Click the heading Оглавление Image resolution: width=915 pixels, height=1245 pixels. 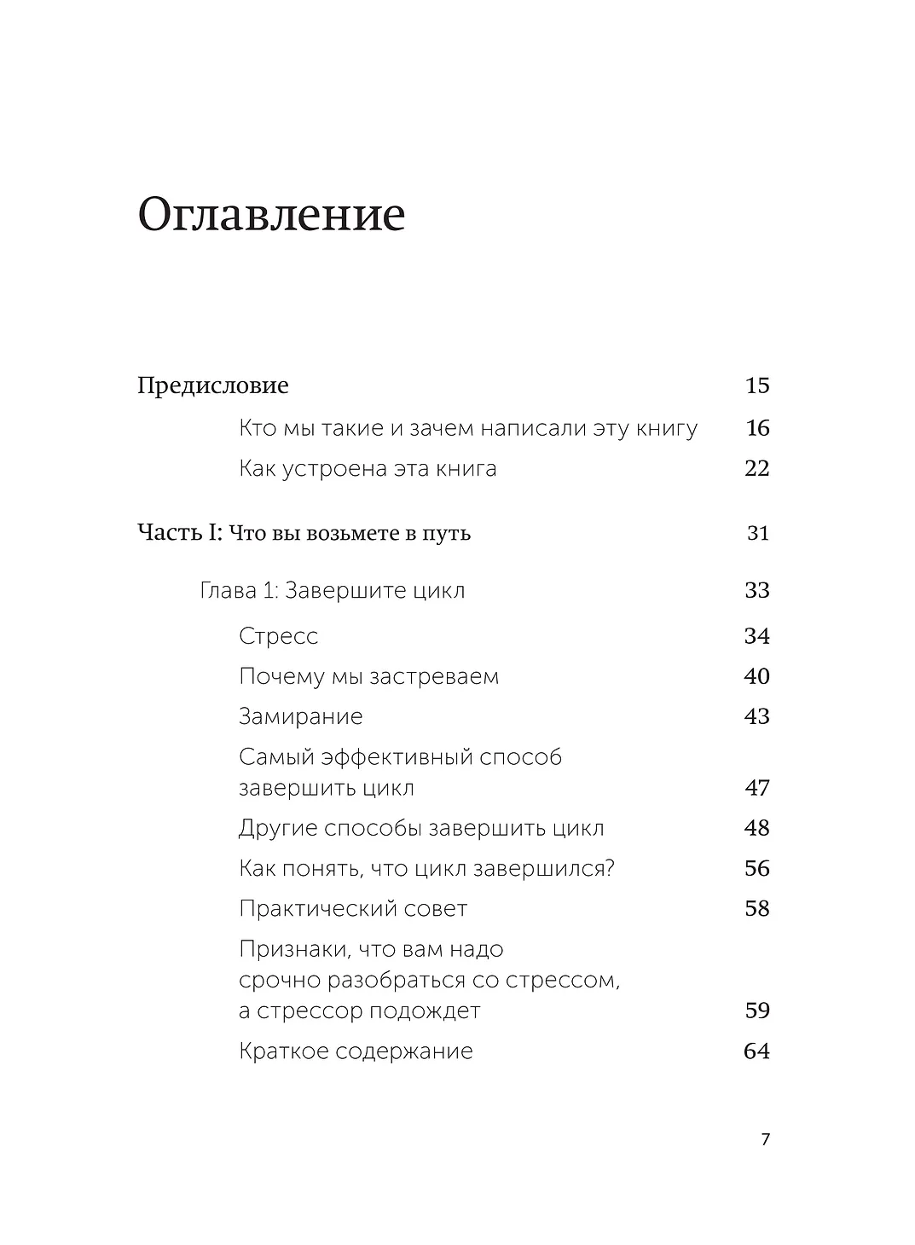point(270,216)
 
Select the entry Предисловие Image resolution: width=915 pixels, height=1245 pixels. point(213,385)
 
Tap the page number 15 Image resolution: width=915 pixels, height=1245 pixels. point(757,385)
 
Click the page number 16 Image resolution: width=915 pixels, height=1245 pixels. point(757,428)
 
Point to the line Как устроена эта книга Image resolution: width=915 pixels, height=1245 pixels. point(368,469)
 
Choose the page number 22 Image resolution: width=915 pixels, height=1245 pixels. point(757,469)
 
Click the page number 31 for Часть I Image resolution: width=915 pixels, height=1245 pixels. point(758,534)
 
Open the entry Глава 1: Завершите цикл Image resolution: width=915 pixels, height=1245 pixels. point(332,591)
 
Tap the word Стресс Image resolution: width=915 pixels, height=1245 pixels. point(279,636)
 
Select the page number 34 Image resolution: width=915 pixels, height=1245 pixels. point(757,636)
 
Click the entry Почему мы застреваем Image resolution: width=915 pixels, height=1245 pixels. point(368,677)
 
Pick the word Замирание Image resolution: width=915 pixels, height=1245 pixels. point(300,717)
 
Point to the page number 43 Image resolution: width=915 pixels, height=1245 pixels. point(757,717)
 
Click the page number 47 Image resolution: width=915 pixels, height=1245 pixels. point(757,788)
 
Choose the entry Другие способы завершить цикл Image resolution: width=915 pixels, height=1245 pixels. point(421,829)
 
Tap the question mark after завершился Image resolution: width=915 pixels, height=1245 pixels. point(610,869)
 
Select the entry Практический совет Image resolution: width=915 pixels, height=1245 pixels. point(353,909)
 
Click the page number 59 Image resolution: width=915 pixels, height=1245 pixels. point(757,1011)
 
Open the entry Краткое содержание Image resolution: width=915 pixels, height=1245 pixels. point(356,1051)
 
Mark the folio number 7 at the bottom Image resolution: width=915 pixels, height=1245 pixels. point(765,1139)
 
